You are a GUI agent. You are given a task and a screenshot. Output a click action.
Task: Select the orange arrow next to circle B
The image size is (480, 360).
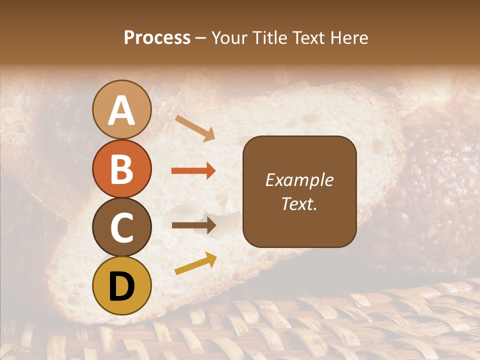pyautogui.click(x=193, y=171)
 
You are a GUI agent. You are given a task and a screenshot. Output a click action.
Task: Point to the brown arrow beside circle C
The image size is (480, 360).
pyautogui.click(x=193, y=225)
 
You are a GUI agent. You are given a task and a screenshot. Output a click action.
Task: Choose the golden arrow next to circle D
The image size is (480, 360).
pyautogui.click(x=195, y=263)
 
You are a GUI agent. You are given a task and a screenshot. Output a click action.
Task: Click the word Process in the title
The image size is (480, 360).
pyautogui.click(x=157, y=38)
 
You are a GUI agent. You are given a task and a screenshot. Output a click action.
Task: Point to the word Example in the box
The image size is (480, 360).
pyautogui.click(x=299, y=180)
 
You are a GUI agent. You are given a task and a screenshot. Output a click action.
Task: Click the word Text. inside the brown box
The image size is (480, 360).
pyautogui.click(x=299, y=203)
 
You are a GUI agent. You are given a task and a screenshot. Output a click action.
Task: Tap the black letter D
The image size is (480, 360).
pyautogui.click(x=122, y=286)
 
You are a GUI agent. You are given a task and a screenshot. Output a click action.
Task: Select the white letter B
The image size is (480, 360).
pyautogui.click(x=122, y=169)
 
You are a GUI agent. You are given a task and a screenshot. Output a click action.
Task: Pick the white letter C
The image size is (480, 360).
pyautogui.click(x=122, y=227)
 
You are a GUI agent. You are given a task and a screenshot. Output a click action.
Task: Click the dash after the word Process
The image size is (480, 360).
pyautogui.click(x=201, y=38)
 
